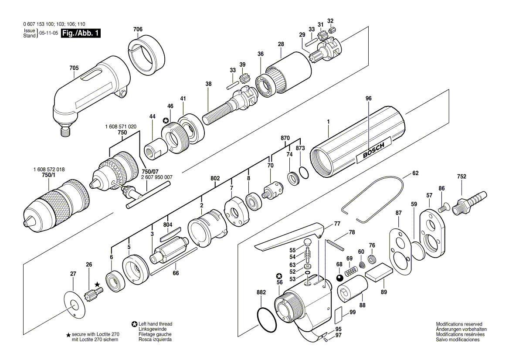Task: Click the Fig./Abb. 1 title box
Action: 81,33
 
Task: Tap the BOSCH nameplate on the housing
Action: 373,150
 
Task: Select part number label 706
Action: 138,29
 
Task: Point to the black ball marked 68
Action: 339,278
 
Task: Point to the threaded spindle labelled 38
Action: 229,104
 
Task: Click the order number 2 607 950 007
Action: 157,177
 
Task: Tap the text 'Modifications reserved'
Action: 459,324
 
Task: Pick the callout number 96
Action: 368,98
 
